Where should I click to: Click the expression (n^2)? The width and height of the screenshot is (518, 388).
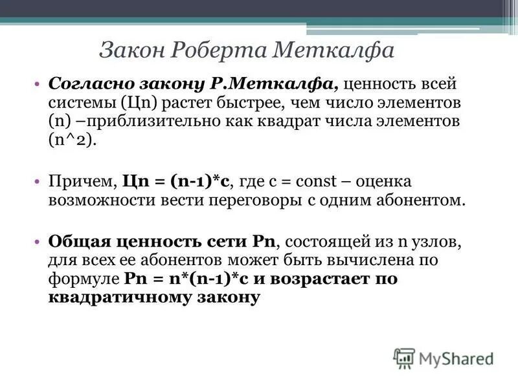point(71,141)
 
